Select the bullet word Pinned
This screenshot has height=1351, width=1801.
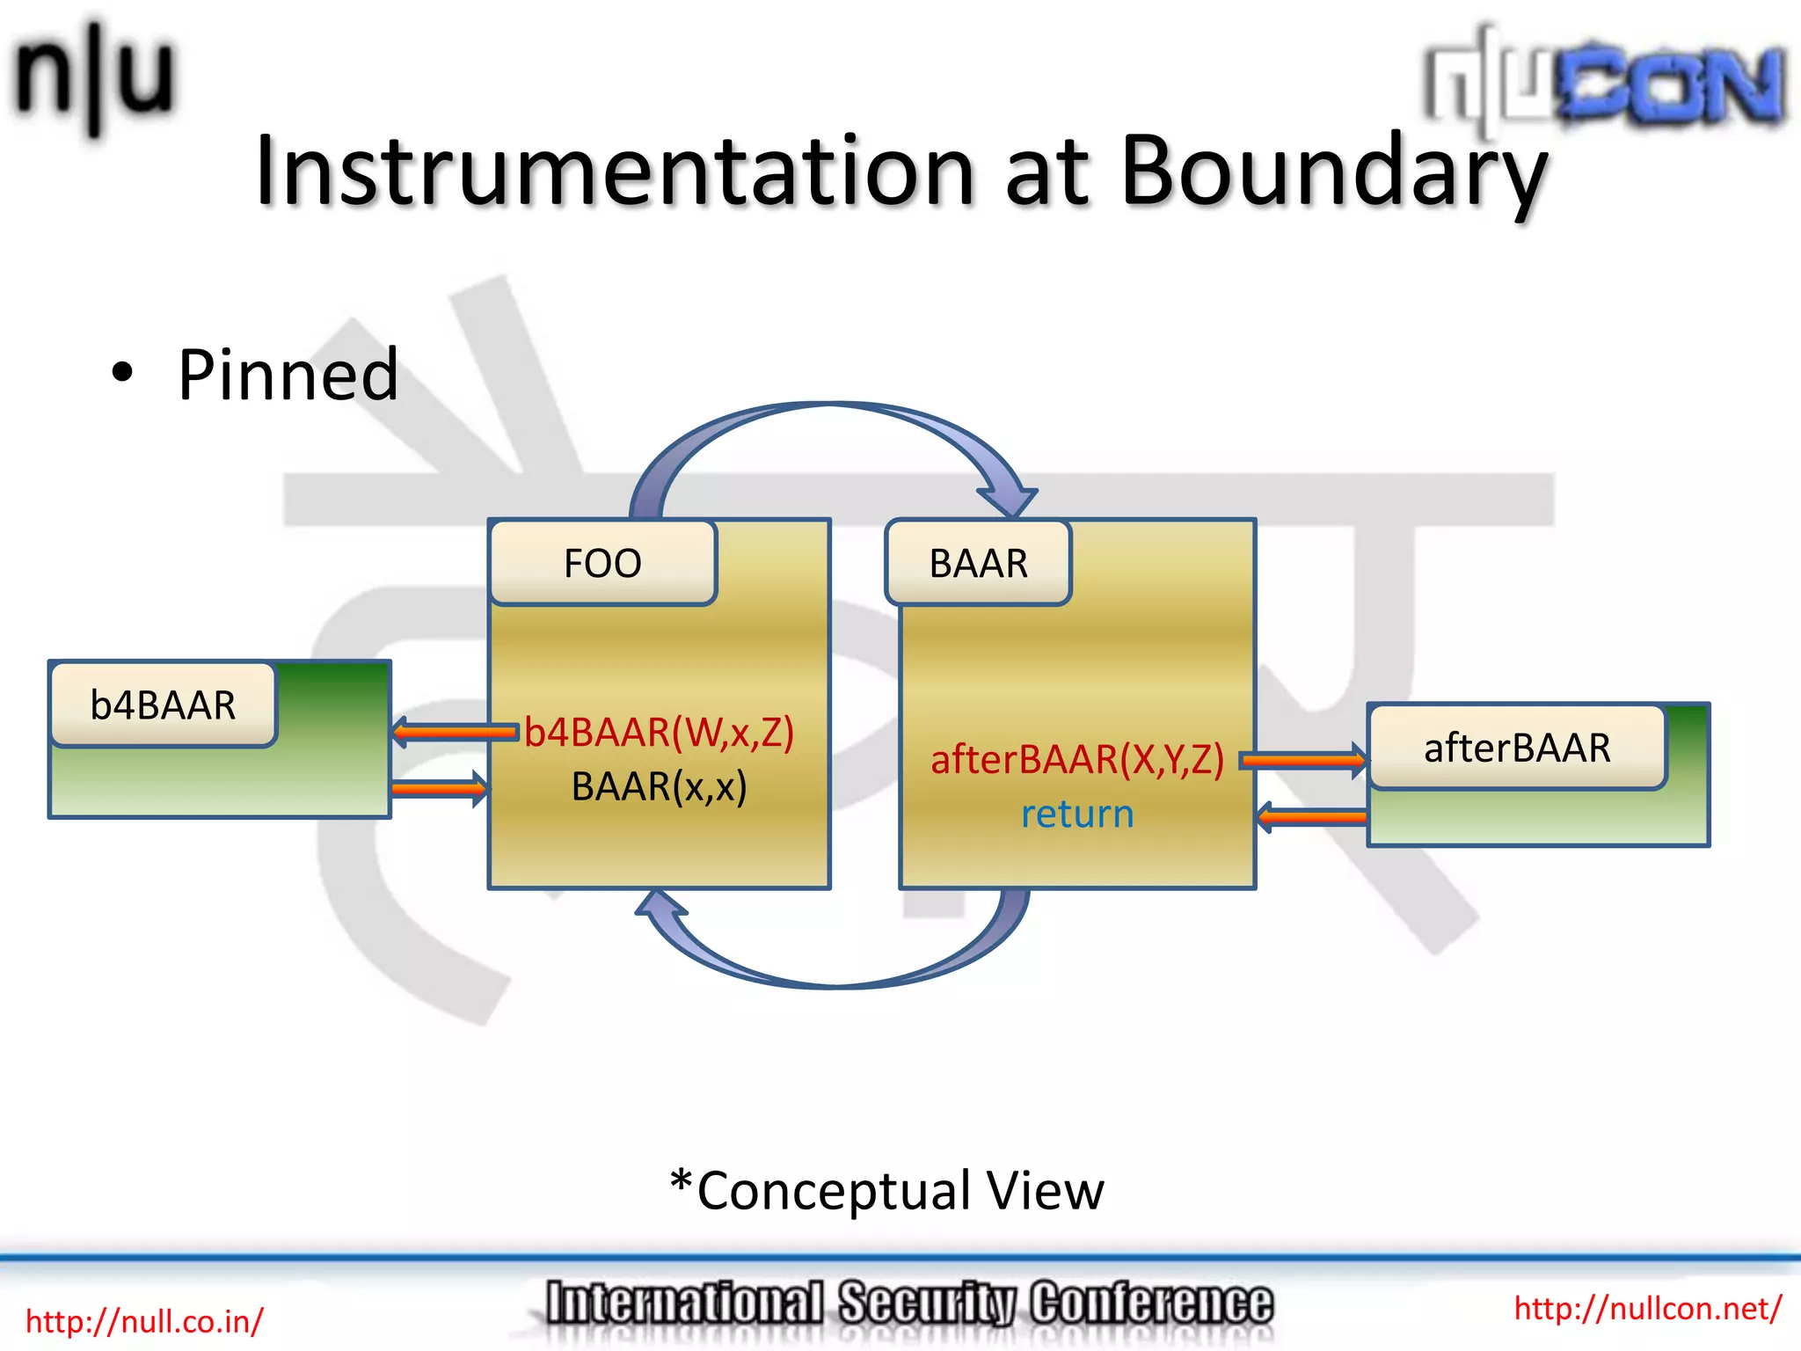288,376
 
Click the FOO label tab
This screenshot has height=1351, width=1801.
603,563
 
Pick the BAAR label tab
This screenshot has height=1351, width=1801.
978,563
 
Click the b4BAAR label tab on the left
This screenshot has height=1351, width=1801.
164,705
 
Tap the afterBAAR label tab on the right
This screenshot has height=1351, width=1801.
1517,748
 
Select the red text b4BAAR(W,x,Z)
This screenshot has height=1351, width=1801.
659,732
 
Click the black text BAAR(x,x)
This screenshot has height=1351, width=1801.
659,786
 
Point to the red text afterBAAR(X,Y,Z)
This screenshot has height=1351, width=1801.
1076,759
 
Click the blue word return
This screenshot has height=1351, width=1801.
1076,814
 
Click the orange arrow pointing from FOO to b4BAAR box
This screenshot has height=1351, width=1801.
453,732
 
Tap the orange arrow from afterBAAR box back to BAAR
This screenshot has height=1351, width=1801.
1312,817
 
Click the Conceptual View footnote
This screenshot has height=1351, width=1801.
886,1190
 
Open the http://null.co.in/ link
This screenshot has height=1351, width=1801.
144,1321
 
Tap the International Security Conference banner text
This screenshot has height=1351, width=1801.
908,1304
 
